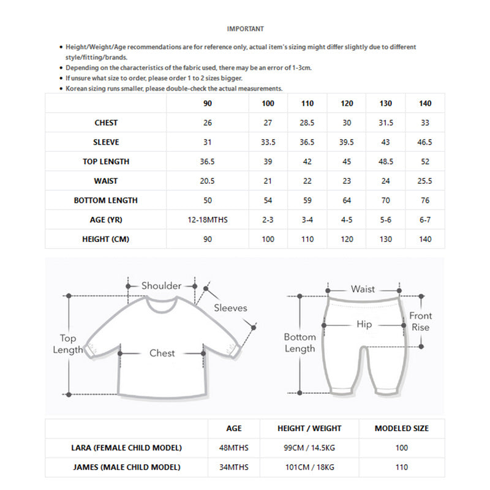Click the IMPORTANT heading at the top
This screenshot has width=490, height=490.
pos(245,29)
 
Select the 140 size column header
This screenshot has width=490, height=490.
pos(425,104)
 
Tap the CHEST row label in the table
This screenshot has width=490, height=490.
pos(106,123)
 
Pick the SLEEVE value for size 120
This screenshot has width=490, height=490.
pos(347,143)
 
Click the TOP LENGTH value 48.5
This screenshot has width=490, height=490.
pos(386,162)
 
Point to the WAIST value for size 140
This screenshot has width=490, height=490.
pos(425,181)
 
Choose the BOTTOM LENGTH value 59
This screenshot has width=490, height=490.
pos(307,200)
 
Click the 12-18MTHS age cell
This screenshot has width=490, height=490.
pos(208,220)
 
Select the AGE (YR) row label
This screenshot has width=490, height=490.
pos(106,220)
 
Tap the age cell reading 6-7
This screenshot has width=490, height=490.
pos(425,220)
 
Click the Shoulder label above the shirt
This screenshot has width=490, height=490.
pos(161,285)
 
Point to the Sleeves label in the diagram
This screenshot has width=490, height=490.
pos(230,308)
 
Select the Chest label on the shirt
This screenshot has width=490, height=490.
pos(162,353)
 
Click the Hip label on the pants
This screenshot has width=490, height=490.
pos(364,325)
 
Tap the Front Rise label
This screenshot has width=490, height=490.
pos(421,322)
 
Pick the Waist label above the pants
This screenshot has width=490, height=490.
pos(363,289)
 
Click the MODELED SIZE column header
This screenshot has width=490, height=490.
pos(402,429)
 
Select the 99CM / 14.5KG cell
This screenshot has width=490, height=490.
pos(309,448)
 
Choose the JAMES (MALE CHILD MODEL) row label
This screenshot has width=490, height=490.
pos(127,467)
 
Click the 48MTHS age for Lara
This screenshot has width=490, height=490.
pos(234,448)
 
